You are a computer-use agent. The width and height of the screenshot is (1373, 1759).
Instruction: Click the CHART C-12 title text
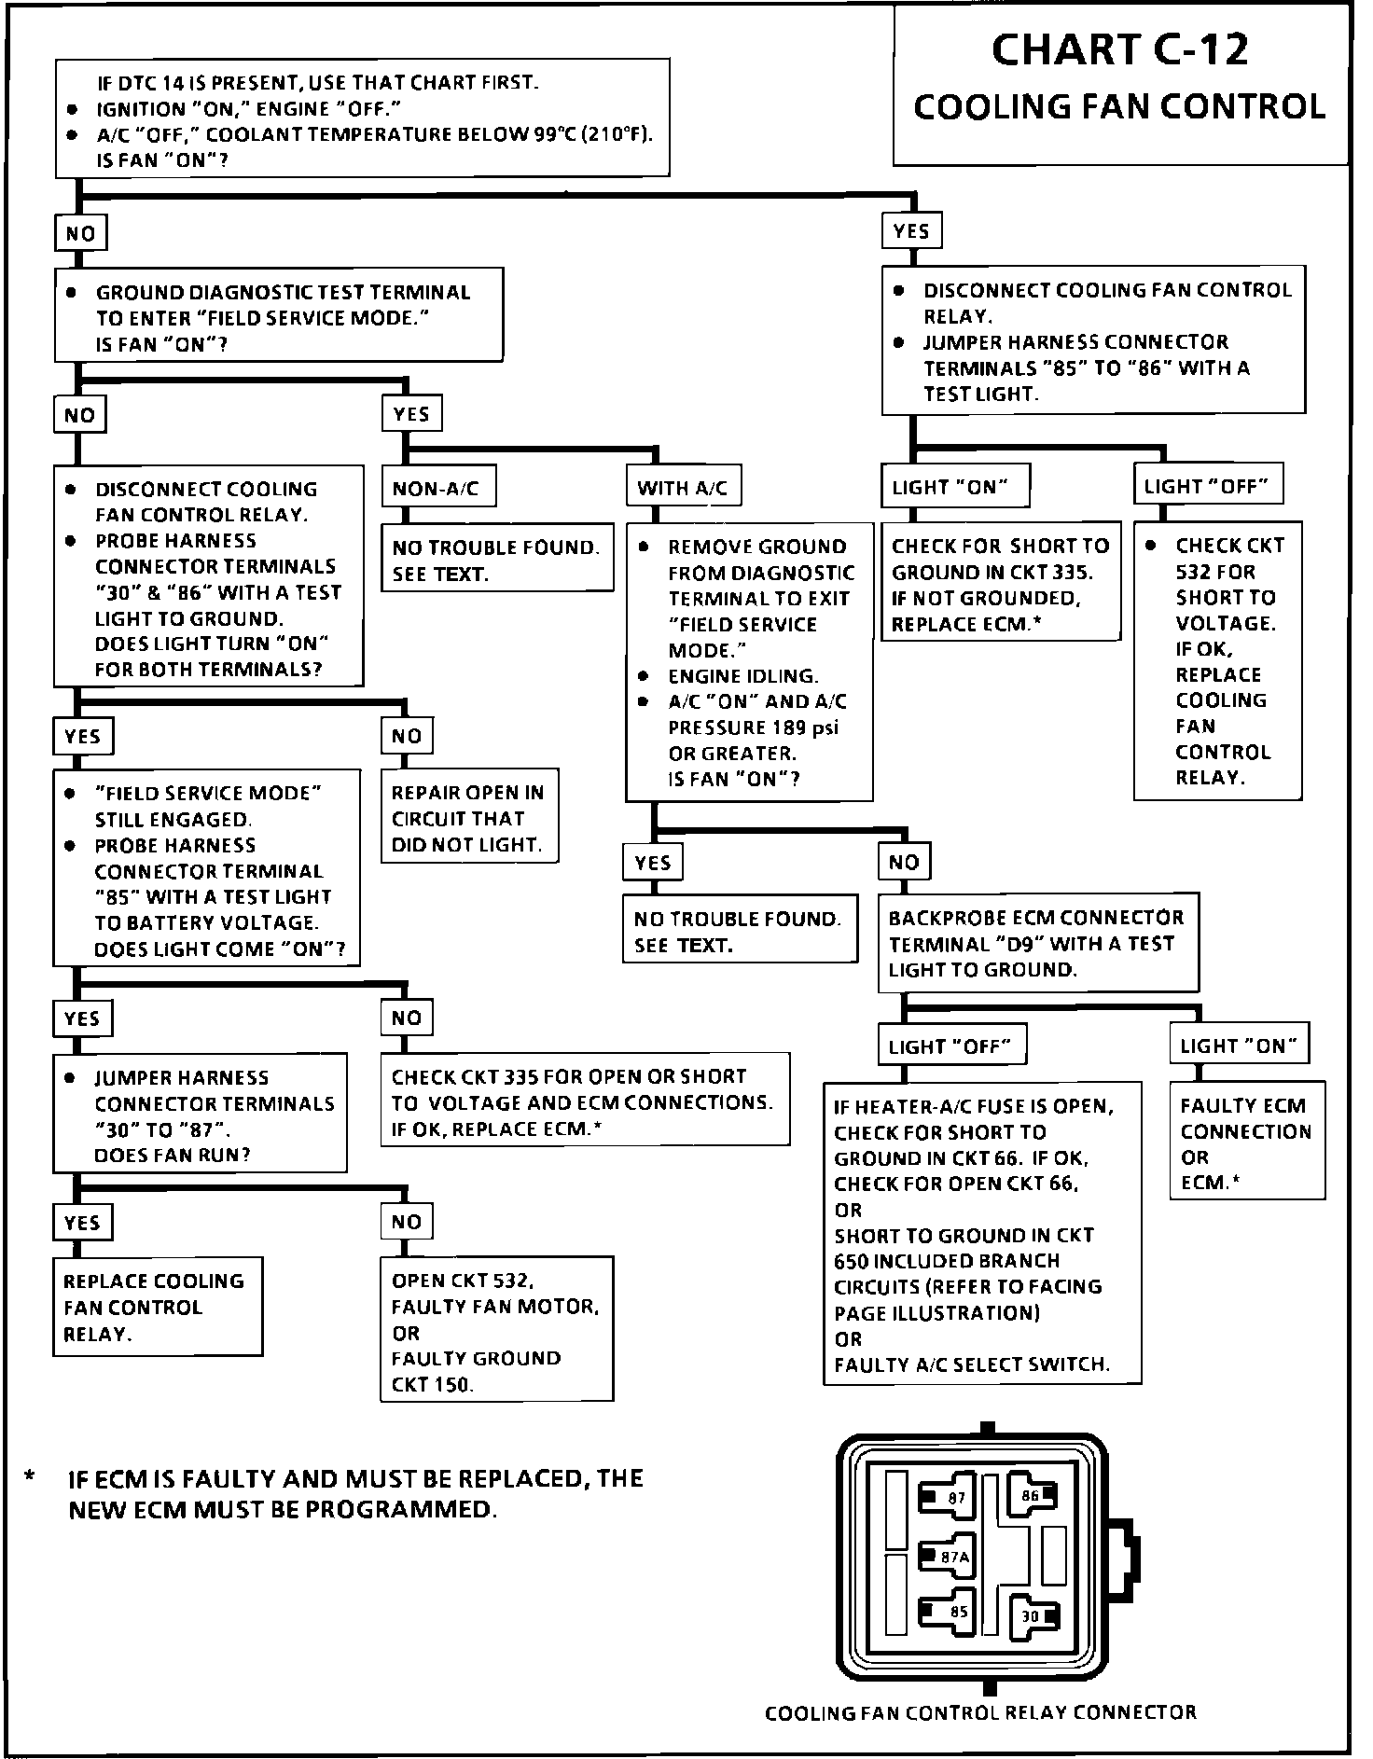[x=1119, y=50]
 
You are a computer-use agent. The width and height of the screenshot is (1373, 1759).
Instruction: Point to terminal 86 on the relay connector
[x=1032, y=1495]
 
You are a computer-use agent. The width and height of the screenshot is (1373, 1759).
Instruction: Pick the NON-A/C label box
[x=437, y=488]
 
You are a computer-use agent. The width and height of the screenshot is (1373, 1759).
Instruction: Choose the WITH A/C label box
[x=682, y=488]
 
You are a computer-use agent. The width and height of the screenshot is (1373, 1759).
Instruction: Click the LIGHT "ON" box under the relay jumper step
[x=952, y=487]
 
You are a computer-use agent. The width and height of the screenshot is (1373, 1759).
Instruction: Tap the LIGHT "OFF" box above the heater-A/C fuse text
[x=950, y=1046]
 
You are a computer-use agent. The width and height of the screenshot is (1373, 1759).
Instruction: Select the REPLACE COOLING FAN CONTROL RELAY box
[x=157, y=1307]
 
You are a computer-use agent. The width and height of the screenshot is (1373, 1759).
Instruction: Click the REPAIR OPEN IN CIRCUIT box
[x=468, y=818]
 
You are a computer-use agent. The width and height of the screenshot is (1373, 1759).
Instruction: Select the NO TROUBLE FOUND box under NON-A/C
[x=496, y=560]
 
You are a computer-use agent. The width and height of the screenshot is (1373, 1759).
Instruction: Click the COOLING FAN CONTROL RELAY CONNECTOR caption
[x=980, y=1712]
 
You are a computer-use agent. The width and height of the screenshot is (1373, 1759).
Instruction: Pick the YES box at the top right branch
[x=910, y=231]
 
